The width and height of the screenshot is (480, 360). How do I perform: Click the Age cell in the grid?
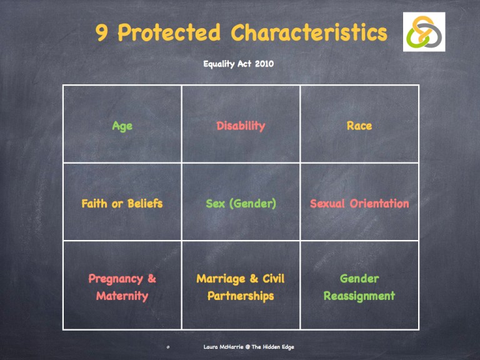point(122,126)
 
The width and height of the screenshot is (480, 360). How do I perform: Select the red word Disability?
point(241,126)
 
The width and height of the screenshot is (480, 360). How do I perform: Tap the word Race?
point(359,126)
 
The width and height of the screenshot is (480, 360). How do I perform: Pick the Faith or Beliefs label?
point(122,203)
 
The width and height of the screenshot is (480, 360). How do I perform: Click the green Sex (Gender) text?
point(241,203)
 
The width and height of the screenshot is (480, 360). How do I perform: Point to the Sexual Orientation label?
point(359,203)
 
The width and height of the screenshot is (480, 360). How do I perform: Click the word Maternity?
point(122,296)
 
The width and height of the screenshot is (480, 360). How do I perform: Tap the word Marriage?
point(219,279)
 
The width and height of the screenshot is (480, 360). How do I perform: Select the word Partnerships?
point(241,296)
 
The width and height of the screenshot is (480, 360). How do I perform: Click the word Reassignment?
point(359,296)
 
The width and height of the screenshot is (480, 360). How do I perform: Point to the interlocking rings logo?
point(424,32)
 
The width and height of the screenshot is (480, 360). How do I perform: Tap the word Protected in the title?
point(169,32)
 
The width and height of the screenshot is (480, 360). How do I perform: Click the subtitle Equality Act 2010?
point(238,64)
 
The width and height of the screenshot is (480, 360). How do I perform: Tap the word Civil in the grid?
point(272,279)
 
